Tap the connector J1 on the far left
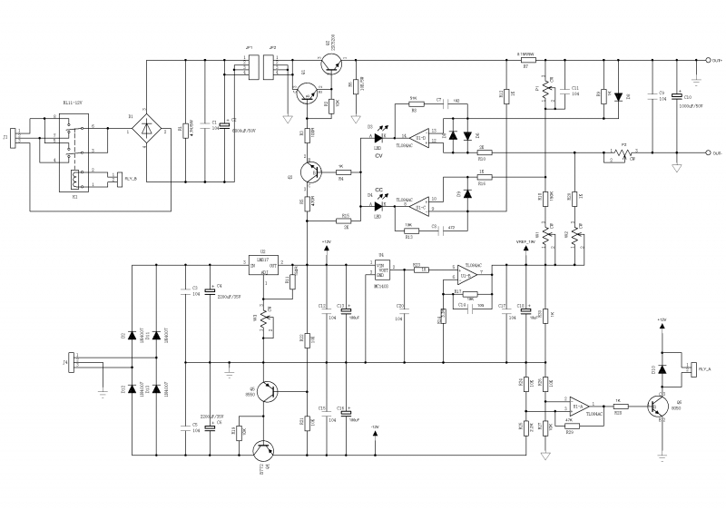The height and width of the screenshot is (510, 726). [13, 138]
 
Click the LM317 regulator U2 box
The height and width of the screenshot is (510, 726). [267, 264]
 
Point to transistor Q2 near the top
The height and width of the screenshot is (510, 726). [333, 62]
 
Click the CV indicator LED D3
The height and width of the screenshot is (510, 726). [376, 137]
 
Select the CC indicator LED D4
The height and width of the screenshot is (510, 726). [376, 206]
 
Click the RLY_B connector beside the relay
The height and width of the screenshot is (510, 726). [117, 179]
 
